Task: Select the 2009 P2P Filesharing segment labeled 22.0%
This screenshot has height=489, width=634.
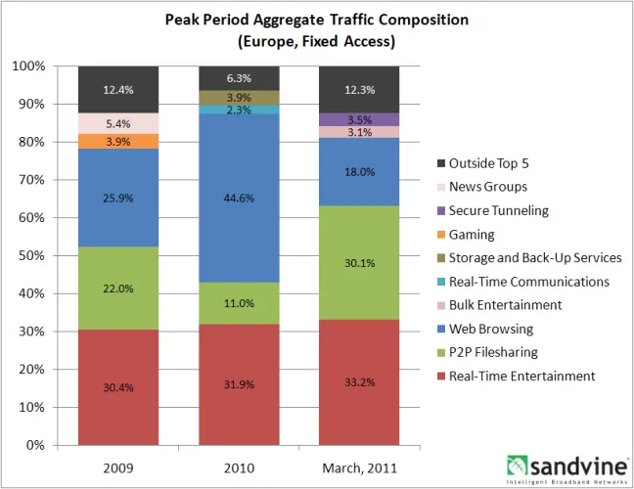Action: [x=118, y=289]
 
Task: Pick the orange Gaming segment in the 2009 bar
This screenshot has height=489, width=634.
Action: [x=118, y=142]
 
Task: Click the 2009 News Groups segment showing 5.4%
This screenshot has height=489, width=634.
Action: [x=118, y=123]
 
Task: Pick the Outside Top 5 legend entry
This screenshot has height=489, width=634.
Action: [x=489, y=163]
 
